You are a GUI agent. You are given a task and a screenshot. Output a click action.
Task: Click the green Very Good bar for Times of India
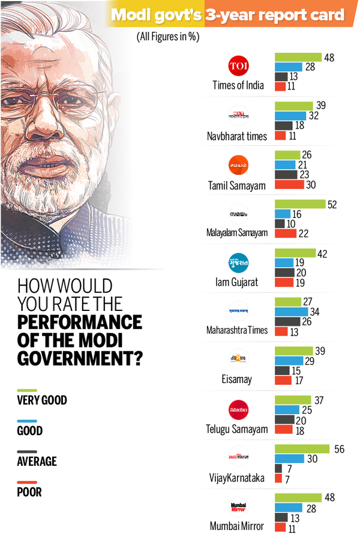[298, 58]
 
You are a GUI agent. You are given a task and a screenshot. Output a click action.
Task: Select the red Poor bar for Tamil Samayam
[289, 184]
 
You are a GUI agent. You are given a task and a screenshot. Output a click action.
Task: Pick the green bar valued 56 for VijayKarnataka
[302, 448]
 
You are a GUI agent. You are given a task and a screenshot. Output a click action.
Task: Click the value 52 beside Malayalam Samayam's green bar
[331, 205]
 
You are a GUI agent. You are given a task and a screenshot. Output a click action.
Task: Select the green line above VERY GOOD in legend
[28, 390]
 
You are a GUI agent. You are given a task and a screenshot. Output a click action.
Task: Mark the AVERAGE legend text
[37, 461]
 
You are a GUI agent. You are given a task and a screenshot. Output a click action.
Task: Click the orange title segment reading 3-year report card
[275, 14]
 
